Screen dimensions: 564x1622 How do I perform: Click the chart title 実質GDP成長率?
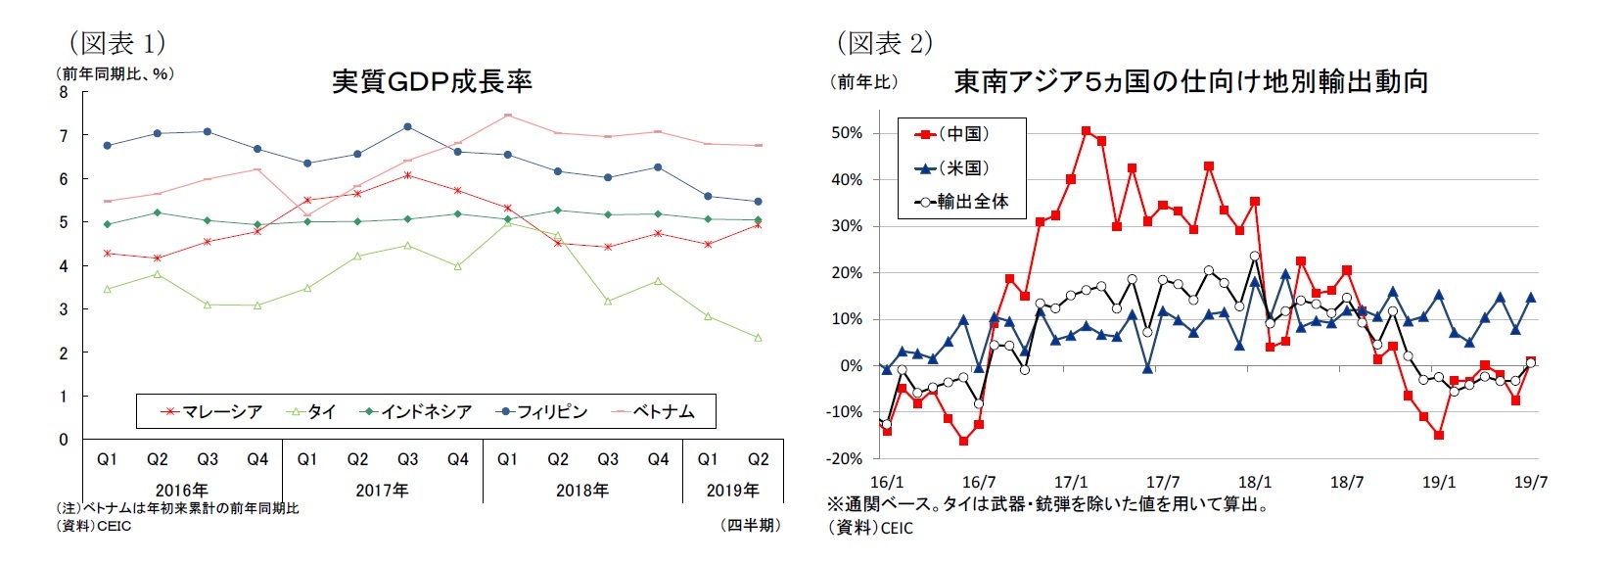[432, 80]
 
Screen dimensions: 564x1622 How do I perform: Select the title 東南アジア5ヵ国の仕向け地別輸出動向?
[1190, 81]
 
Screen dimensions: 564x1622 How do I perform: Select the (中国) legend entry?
[953, 134]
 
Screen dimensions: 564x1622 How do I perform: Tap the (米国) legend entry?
[953, 167]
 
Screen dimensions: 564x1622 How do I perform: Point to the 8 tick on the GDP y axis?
[64, 93]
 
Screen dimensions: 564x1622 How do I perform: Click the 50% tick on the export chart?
[847, 133]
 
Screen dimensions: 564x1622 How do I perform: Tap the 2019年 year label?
[732, 490]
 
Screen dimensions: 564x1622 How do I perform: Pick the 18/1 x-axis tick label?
[1254, 482]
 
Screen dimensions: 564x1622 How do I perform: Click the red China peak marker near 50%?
[1086, 130]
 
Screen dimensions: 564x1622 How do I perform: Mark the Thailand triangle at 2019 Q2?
[758, 338]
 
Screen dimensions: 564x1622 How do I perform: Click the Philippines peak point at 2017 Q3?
[407, 126]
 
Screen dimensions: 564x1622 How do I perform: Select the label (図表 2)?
[884, 42]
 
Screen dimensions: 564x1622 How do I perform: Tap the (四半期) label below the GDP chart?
[751, 525]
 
